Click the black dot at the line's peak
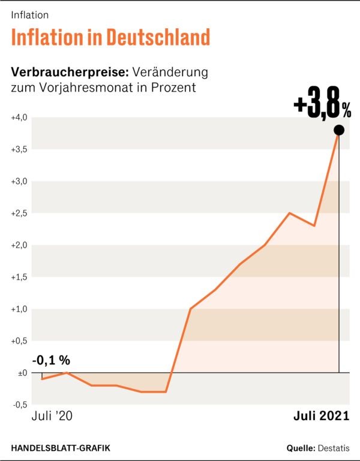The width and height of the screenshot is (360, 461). (x=338, y=130)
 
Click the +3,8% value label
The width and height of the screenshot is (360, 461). (x=322, y=106)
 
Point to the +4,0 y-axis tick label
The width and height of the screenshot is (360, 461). (x=19, y=117)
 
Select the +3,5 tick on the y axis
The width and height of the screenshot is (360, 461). (x=19, y=149)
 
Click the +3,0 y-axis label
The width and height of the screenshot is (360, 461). (x=19, y=181)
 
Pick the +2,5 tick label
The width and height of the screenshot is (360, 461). (x=19, y=213)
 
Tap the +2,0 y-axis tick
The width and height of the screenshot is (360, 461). (x=19, y=245)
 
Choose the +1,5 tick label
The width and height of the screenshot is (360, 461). (x=19, y=277)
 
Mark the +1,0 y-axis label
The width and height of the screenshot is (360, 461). (x=19, y=309)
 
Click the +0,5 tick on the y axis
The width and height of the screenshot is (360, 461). (x=19, y=341)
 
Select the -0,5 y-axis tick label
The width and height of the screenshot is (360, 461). (x=19, y=405)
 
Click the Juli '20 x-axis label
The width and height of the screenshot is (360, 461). (x=52, y=416)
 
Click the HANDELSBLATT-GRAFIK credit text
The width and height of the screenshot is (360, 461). (x=61, y=448)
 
